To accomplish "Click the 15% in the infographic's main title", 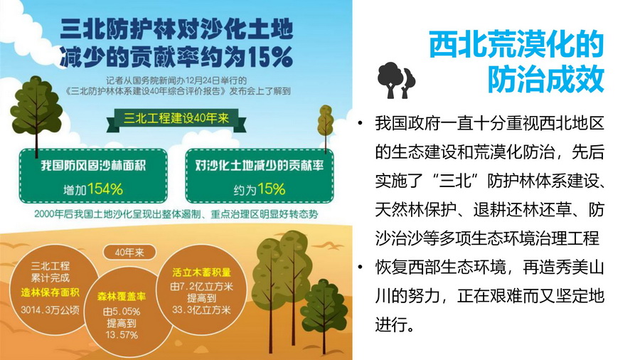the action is tap(270, 56).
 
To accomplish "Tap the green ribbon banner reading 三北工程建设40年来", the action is tap(176, 120).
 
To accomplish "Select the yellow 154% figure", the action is tap(105, 189).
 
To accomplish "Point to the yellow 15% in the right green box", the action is tap(271, 189).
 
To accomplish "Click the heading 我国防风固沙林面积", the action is tap(93, 165).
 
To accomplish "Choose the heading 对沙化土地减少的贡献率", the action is tap(259, 165).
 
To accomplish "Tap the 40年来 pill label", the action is tap(129, 253).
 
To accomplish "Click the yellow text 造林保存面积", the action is tap(50, 292).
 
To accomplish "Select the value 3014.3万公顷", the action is tap(50, 310).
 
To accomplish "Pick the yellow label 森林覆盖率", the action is tap(121, 297).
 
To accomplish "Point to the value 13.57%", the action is tap(121, 335).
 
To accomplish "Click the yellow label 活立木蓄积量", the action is tap(202, 272).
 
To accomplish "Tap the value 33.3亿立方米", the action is tap(202, 309).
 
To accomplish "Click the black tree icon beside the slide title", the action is tap(396, 80).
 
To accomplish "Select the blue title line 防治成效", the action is tap(545, 79).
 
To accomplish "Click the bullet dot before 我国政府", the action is tap(360, 123).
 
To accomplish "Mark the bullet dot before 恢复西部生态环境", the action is tap(360, 268).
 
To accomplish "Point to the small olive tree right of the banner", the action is tap(325, 122).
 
